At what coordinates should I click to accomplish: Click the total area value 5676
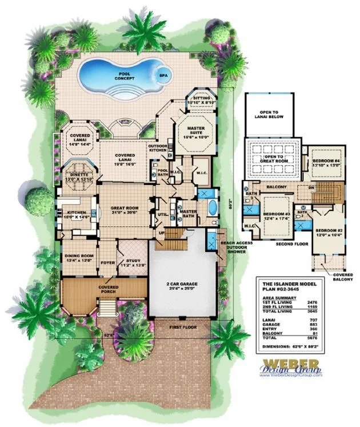333,338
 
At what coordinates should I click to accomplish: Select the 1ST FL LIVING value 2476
333,298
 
